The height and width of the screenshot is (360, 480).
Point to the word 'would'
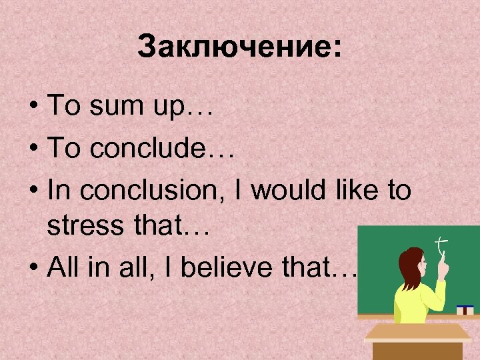coord(285,191)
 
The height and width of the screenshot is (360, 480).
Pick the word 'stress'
coord(79,229)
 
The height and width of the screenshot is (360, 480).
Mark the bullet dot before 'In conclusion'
coord(34,192)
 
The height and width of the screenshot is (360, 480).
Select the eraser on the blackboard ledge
coord(465,309)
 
